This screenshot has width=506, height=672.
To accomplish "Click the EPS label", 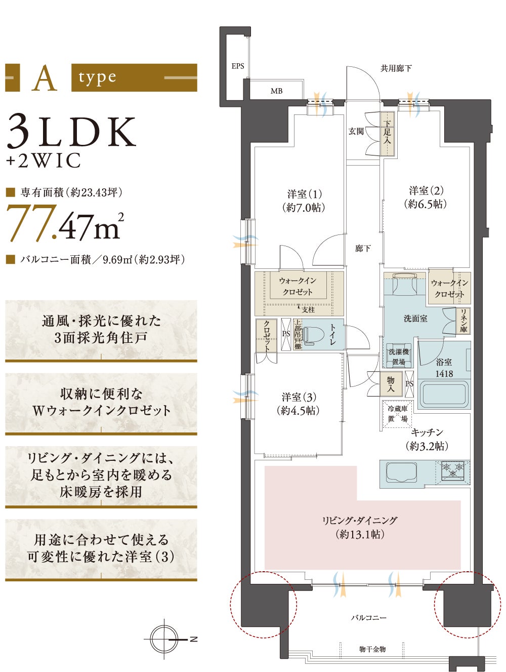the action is (238, 66).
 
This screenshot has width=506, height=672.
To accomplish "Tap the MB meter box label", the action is (276, 91).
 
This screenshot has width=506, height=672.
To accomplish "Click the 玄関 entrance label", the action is (356, 131).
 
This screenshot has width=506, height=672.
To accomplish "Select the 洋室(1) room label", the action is (305, 194).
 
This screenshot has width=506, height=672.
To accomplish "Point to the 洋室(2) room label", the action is (426, 190).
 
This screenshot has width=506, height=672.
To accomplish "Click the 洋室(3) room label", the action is (299, 397).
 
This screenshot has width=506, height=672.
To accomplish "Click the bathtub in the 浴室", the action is (444, 394).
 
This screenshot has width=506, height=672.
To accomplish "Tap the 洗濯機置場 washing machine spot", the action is (398, 356).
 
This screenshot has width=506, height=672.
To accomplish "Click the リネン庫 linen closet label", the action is (463, 321).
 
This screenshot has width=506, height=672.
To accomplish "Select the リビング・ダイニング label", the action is (360, 520).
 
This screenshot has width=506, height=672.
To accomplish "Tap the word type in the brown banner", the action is (97, 78).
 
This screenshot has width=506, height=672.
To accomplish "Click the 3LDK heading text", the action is (71, 132).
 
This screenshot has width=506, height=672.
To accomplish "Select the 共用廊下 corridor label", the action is (396, 68).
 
